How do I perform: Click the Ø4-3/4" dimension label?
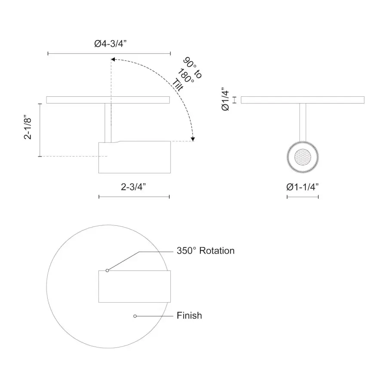(x=111, y=44)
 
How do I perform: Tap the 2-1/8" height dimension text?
(x=28, y=127)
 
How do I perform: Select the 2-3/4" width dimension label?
(x=133, y=187)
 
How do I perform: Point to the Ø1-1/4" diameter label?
(x=303, y=187)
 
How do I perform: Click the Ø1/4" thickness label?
(x=226, y=99)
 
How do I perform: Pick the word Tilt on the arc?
(x=178, y=85)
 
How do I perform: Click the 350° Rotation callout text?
(x=206, y=251)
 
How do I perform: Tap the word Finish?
(x=189, y=316)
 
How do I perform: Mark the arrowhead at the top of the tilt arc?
(x=113, y=59)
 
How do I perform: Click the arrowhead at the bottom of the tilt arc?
(x=193, y=139)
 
